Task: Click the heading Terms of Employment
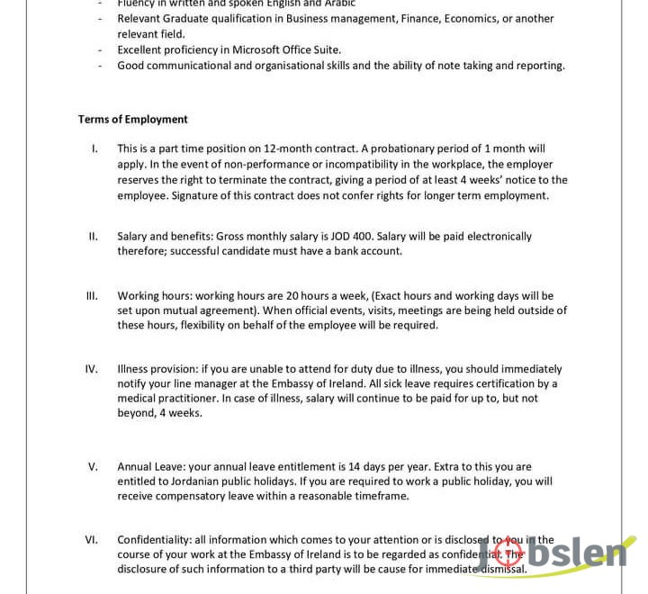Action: tap(132, 119)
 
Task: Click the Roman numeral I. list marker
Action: tap(94, 148)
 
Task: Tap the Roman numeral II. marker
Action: tap(93, 236)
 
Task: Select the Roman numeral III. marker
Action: tap(92, 295)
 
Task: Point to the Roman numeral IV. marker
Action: tap(92, 368)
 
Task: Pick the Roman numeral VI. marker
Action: tap(92, 539)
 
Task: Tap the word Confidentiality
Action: tap(155, 540)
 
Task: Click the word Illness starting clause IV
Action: tap(134, 369)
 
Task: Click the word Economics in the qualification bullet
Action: tap(477, 19)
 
